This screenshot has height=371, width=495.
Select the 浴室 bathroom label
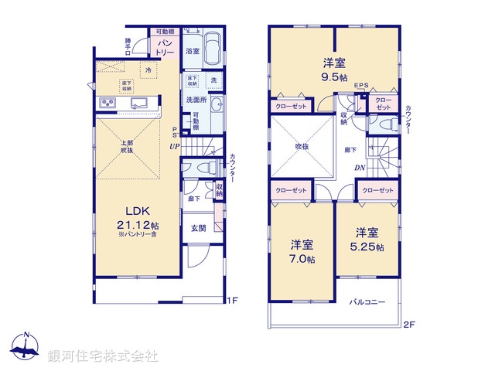193,51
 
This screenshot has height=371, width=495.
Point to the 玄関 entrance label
198,228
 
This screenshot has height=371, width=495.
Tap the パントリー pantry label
165,46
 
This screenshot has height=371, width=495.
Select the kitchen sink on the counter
142,104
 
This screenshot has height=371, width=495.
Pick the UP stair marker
176,146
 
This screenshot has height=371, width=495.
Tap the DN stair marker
360,168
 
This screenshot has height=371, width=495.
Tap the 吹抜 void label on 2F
301,145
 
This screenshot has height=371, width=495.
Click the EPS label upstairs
361,85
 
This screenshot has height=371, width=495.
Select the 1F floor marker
233,299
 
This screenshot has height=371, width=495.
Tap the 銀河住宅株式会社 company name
102,356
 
